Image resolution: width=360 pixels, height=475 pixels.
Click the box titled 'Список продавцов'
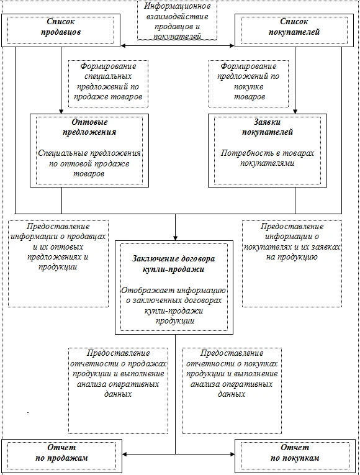[61, 30]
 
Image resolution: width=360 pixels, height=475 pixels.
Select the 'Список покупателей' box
[294, 30]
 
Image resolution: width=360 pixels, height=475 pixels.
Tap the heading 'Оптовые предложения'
[89, 127]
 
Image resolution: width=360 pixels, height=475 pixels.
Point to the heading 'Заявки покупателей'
[268, 127]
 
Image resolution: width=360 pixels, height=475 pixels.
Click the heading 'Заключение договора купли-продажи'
[174, 264]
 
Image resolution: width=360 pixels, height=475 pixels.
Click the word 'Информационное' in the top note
[177, 6]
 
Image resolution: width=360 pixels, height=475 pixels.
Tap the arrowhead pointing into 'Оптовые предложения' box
[61, 111]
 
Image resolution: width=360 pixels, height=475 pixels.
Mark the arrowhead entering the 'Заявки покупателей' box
[295, 111]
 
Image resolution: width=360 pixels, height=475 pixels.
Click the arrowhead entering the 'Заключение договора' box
[175, 238]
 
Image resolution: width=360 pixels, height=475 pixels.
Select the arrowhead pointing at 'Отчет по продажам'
[125, 454]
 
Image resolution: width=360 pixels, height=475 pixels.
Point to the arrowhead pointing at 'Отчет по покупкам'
[232, 454]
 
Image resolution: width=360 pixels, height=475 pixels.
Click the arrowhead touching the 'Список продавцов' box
[124, 46]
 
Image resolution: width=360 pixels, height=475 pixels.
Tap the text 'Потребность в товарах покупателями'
[268, 158]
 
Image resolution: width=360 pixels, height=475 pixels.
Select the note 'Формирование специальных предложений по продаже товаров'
[108, 84]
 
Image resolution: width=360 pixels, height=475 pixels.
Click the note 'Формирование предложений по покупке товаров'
[248, 84]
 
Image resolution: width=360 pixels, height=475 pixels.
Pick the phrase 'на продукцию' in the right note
[292, 257]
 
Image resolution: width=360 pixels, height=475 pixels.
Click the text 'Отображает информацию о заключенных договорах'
[174, 296]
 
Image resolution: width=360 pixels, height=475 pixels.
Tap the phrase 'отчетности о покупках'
[232, 363]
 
